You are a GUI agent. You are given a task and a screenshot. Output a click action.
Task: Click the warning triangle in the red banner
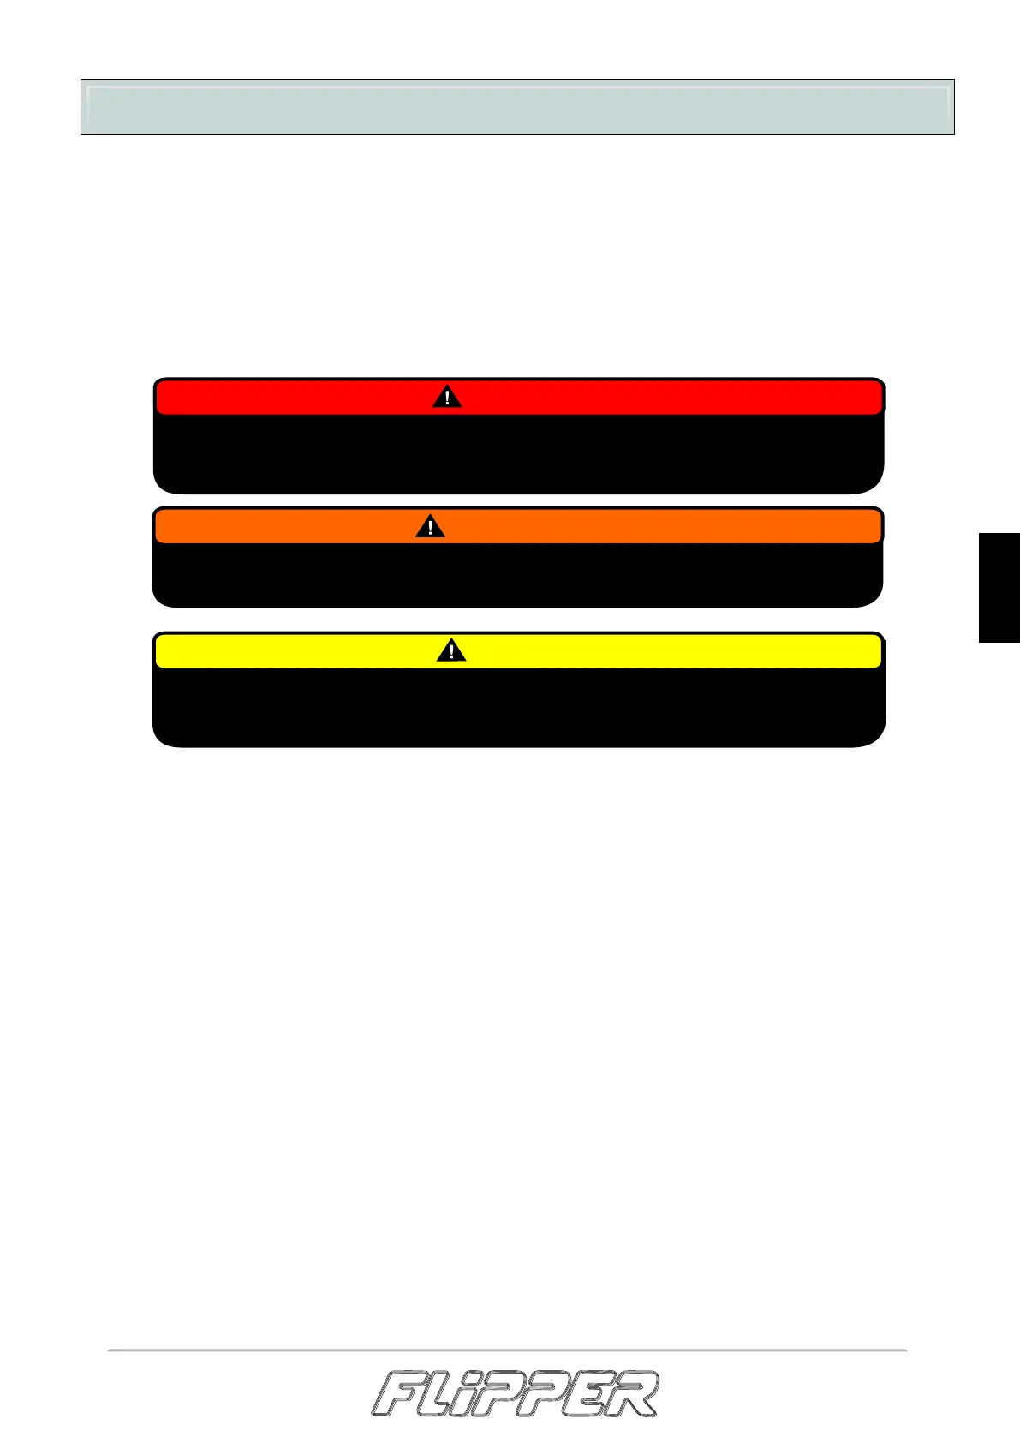446,398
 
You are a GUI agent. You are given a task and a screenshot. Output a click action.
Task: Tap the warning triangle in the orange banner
430,527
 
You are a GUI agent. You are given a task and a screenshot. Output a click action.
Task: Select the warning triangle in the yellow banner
451,652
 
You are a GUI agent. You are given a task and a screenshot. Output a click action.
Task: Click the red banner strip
642,398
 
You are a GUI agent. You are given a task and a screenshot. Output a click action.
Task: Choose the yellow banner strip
642,652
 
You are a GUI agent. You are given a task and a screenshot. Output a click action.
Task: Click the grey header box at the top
517,107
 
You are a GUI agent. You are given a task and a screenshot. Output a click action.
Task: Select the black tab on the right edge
999,587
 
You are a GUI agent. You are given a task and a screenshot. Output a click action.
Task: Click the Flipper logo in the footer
515,1394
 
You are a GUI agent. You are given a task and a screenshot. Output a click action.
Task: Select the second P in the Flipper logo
550,1395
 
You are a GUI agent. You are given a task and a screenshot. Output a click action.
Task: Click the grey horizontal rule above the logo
507,1350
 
